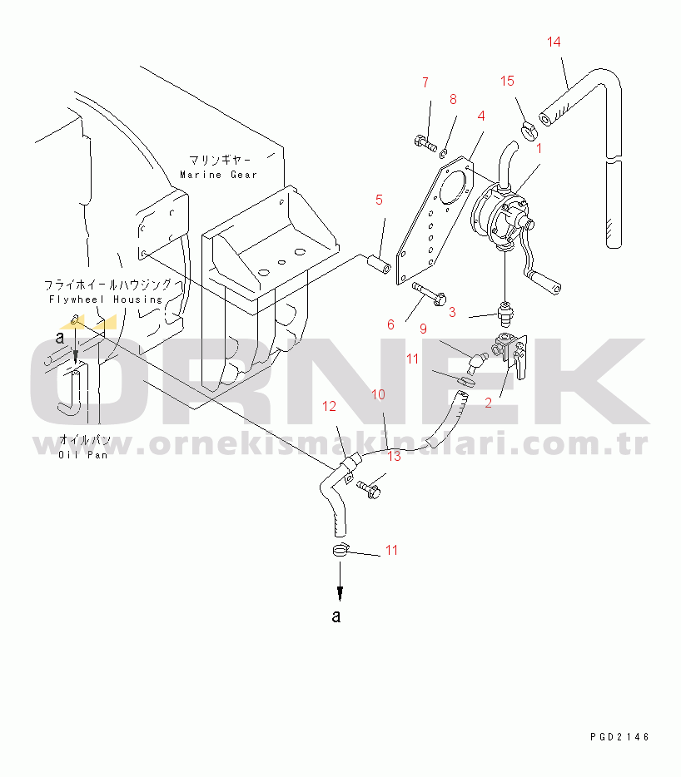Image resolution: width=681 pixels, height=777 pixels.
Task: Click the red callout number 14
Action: [x=554, y=42]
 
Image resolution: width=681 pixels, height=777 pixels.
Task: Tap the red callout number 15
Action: [x=507, y=82]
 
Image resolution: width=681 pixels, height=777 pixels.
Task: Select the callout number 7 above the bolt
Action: [x=425, y=82]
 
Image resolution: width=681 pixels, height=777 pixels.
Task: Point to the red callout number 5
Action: [x=379, y=200]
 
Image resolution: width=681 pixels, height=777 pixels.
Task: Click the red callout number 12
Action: [x=329, y=406]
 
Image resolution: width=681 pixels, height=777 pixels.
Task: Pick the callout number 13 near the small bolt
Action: [x=394, y=456]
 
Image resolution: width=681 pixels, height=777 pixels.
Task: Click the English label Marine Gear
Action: [x=218, y=175]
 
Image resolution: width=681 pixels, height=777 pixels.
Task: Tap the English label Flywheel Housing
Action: [x=106, y=299]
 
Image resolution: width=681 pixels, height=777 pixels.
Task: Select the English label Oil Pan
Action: [x=82, y=454]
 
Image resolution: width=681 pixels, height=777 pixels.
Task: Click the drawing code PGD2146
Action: [x=619, y=737]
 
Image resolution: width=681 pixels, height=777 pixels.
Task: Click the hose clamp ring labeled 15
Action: [x=529, y=131]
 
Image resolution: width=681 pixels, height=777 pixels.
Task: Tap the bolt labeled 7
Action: [x=425, y=144]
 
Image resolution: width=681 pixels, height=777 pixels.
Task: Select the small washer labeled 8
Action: [x=444, y=153]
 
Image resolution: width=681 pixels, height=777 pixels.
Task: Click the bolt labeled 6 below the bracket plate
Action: [x=429, y=294]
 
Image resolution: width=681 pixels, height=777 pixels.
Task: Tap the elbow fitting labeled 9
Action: [x=476, y=362]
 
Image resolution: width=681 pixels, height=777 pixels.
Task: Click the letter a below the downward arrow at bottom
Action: [x=336, y=616]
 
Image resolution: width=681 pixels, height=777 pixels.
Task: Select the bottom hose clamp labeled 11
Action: [x=340, y=550]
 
